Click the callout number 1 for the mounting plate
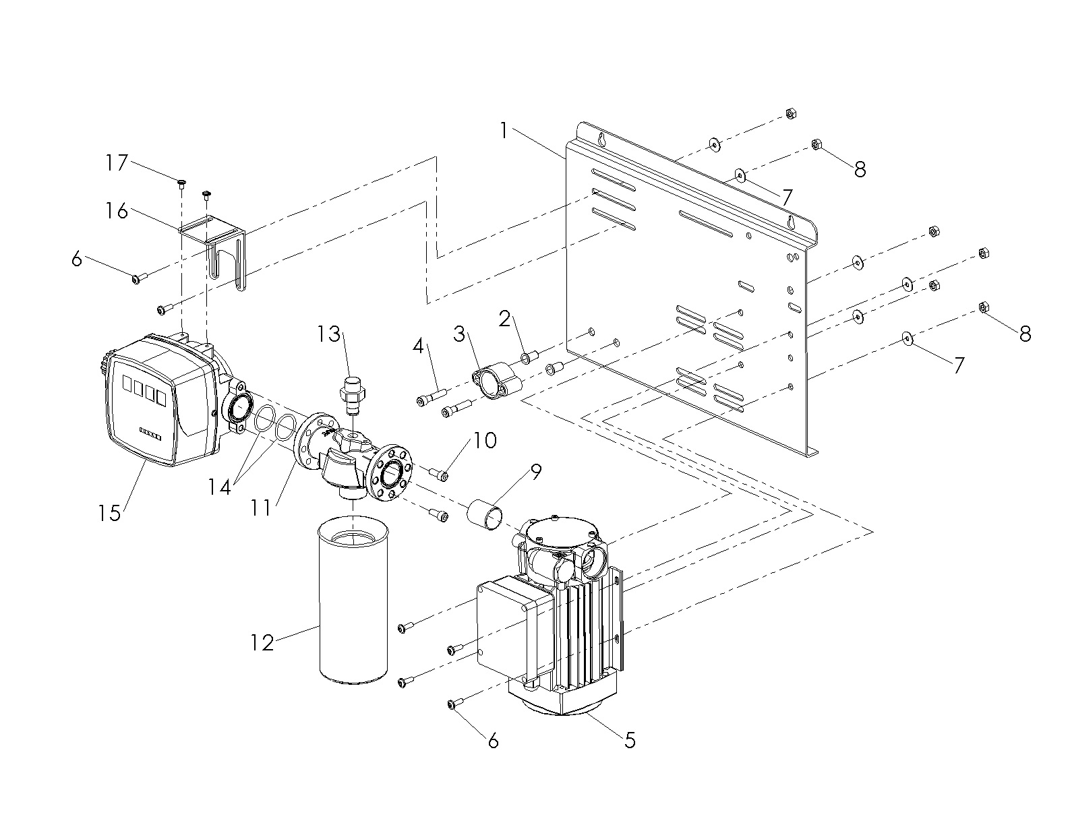[504, 131]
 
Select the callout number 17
[117, 162]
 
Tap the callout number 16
[117, 211]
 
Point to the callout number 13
[329, 334]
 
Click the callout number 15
[109, 513]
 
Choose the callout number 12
[262, 643]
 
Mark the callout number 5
[630, 741]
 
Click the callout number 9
[536, 472]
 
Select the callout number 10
[485, 440]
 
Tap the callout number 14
[219, 487]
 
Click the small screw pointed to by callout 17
[181, 184]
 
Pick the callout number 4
[418, 346]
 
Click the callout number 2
[505, 319]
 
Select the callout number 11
[261, 508]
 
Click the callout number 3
[459, 334]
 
